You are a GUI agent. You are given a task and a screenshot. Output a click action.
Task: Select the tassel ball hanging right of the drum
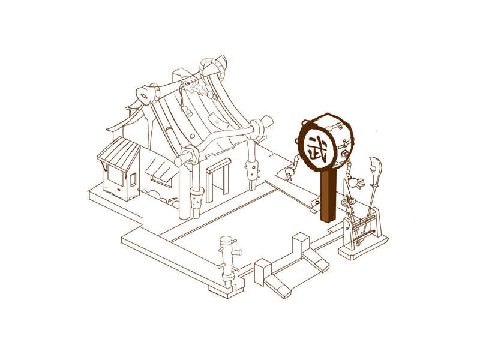(356, 182)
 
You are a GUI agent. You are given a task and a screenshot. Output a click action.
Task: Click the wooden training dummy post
(227, 260)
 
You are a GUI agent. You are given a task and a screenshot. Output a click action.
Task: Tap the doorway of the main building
(218, 181)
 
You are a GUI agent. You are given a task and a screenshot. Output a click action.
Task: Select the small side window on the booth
(133, 179)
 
